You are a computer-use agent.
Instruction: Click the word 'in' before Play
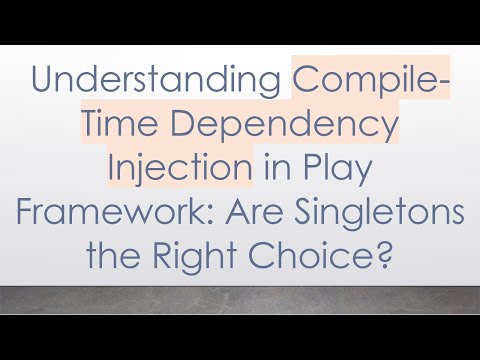[267, 167]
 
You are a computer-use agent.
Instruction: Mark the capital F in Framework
[34, 207]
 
